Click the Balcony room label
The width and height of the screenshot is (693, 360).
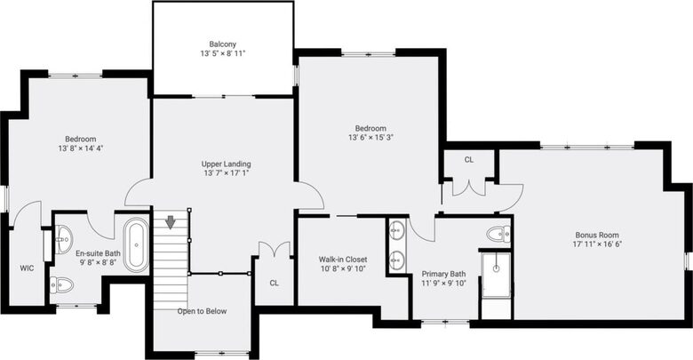pos(222,44)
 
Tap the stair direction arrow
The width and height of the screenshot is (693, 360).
pos(171,222)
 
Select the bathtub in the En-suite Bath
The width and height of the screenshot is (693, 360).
pos(136,244)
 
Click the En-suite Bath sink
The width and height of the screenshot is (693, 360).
pos(64,239)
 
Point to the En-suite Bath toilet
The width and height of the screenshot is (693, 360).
pos(61,285)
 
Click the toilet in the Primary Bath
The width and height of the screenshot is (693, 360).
pos(498,234)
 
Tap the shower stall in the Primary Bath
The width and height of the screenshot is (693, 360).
pos(496,275)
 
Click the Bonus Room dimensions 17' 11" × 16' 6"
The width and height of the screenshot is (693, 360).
pos(597,244)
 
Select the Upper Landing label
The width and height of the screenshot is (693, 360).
pos(226,164)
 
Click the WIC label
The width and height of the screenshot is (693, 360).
pos(27,268)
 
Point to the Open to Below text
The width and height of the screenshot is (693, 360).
pos(202,311)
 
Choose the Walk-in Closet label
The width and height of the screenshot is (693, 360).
pos(343,260)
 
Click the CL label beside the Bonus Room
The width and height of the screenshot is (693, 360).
pos(469,160)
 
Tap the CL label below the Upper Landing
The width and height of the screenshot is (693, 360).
pos(274,283)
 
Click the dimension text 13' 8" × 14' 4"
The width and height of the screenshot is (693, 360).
pos(81,148)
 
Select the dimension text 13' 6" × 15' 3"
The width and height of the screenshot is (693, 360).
pos(370,138)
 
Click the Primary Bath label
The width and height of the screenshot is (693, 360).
pos(443,274)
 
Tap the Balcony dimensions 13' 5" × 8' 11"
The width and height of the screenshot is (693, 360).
pos(222,53)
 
